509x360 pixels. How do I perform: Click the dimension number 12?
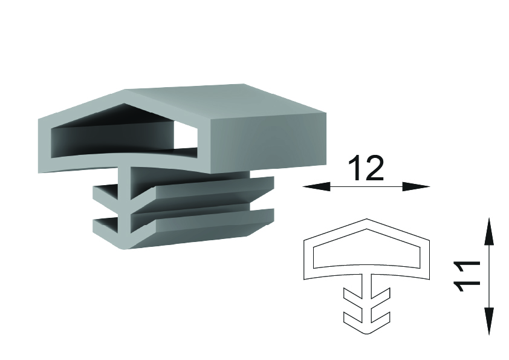point(366,168)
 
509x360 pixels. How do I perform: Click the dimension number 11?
point(467,276)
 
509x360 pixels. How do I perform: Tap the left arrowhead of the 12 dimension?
point(316,186)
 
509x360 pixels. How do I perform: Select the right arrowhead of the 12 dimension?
point(416,186)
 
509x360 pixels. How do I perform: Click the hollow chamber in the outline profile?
point(366,252)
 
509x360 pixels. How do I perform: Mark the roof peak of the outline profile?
point(366,219)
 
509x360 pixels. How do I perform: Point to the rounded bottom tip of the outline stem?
point(366,333)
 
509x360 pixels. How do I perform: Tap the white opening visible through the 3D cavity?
point(186,136)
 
